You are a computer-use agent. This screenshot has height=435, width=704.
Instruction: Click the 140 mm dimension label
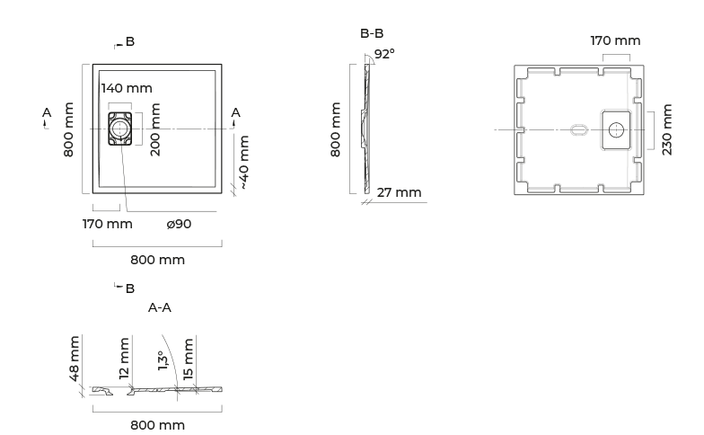127,88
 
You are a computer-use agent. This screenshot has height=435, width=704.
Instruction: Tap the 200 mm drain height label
155,129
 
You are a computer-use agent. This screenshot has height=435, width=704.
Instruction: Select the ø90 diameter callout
180,224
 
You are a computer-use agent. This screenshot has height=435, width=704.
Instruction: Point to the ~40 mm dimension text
244,162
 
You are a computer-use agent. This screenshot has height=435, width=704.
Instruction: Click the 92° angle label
384,54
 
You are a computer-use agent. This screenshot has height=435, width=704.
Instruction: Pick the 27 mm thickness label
399,192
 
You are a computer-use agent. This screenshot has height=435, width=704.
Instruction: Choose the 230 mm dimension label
666,129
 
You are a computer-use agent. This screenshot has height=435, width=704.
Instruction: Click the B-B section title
372,33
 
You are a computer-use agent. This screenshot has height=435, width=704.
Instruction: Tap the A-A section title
160,307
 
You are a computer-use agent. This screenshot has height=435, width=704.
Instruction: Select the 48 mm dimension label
74,358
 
